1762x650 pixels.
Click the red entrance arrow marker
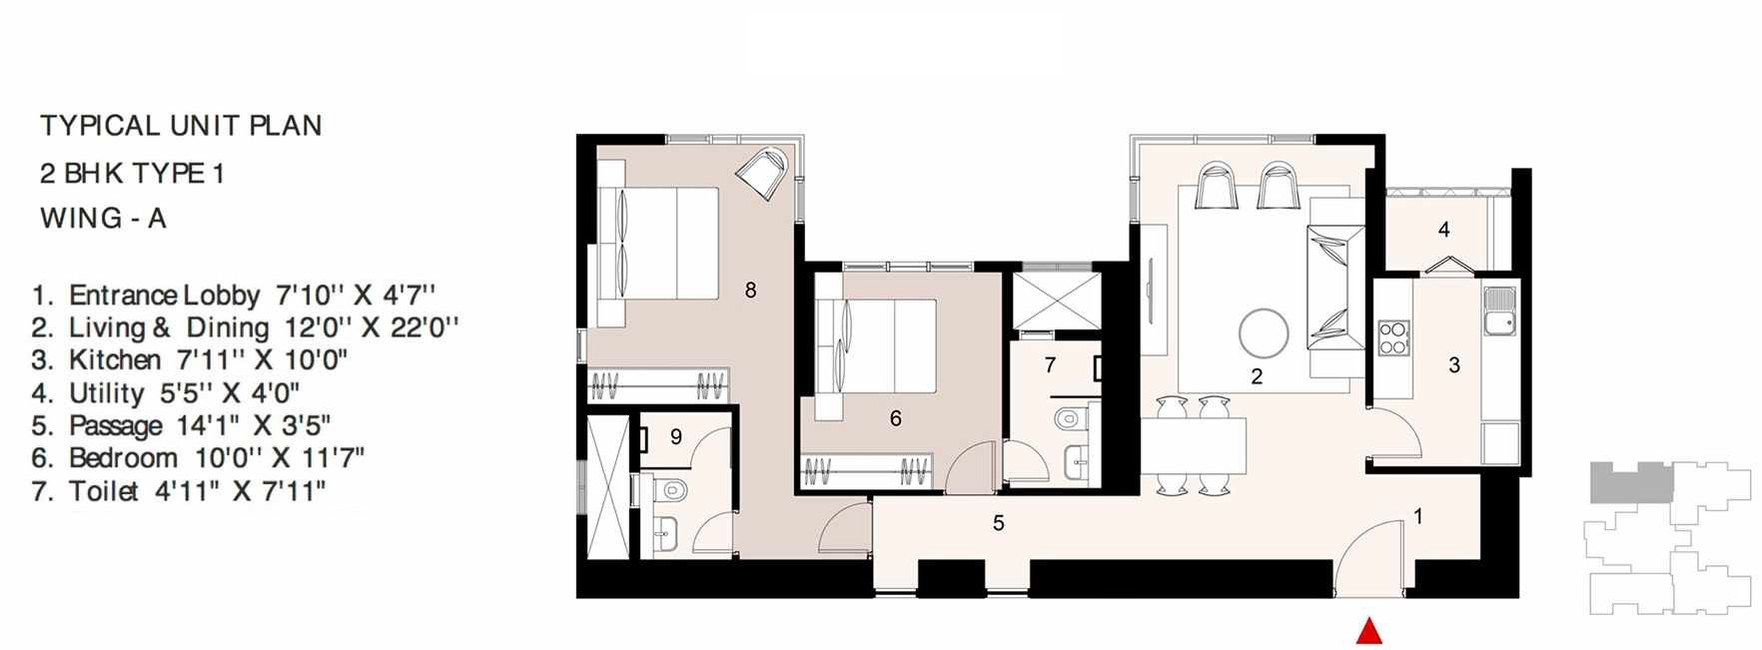(1368, 632)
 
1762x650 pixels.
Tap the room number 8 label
(750, 291)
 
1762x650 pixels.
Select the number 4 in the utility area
(1443, 230)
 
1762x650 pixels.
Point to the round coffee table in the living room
(1264, 333)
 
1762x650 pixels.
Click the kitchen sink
(1498, 311)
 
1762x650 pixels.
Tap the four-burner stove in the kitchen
(1393, 337)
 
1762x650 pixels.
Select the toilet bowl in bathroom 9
(673, 489)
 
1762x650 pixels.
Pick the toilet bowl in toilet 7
(1069, 415)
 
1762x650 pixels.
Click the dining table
(1194, 445)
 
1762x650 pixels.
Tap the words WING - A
(103, 219)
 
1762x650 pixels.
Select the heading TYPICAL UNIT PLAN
(181, 126)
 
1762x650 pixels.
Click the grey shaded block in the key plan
(1631, 482)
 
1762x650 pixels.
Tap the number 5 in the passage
(998, 523)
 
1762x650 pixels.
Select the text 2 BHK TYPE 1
(132, 174)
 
